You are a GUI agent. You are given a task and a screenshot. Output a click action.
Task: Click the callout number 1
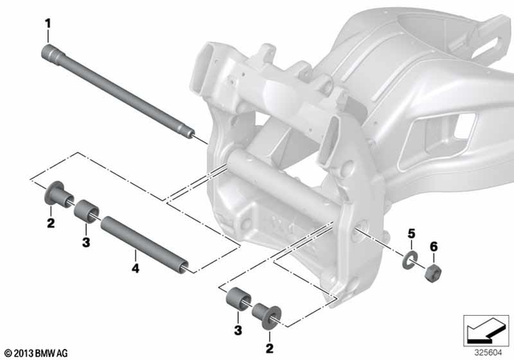tap(48, 26)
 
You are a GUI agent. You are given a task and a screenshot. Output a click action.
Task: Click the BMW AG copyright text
tap(36, 351)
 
